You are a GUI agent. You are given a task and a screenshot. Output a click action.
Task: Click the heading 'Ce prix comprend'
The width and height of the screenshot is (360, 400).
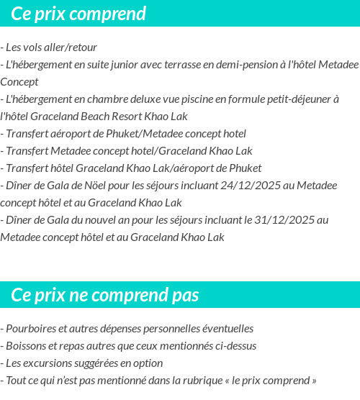(x=78, y=14)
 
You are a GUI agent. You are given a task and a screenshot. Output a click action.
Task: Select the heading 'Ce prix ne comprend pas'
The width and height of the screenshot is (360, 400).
(x=105, y=295)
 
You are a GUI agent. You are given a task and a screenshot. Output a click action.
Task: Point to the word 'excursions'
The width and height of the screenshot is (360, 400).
(x=51, y=363)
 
